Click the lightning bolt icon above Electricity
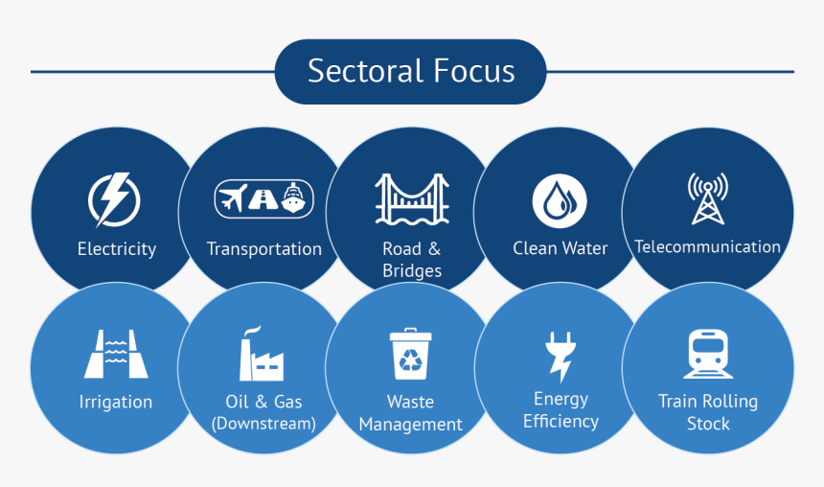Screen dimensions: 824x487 coord(113,200)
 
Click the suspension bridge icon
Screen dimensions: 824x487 coord(412,199)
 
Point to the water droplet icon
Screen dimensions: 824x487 coord(560,201)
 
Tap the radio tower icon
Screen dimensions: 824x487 coord(708,198)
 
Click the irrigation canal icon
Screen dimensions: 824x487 coord(116,354)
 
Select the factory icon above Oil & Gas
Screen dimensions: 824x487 coord(262,354)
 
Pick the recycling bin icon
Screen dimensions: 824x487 coord(410,354)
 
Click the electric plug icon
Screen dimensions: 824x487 coord(561,356)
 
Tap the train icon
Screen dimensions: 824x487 coord(708,354)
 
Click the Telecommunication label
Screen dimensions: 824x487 coord(707,246)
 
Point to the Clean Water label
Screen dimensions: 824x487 coord(561,248)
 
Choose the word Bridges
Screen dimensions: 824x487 coord(412,271)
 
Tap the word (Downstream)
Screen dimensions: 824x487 coord(263,424)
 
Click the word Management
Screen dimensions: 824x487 coord(410,425)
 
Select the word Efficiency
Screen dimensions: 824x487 coord(561,421)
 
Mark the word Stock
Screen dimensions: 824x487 coord(708,424)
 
